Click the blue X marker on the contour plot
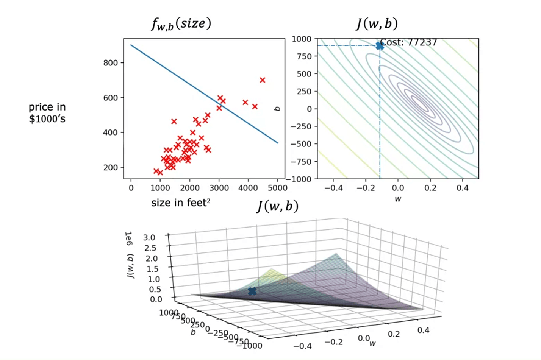[x=380, y=46]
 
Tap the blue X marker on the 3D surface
[x=252, y=291]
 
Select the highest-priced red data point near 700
[x=263, y=80]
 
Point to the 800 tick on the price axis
[x=111, y=63]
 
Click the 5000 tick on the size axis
[x=278, y=188]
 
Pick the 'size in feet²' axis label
[x=181, y=203]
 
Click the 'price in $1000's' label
[x=47, y=113]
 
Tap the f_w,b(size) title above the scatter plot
[x=181, y=24]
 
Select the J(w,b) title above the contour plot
[x=377, y=24]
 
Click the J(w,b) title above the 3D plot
[x=278, y=206]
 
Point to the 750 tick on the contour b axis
[x=304, y=56]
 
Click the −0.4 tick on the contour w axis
[x=333, y=188]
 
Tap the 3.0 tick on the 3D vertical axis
[x=149, y=238]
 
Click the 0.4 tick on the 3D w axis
[x=424, y=330]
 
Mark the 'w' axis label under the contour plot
[x=398, y=199]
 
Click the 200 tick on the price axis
[x=111, y=168]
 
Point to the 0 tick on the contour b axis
[x=309, y=109]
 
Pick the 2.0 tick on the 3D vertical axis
[x=152, y=259]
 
